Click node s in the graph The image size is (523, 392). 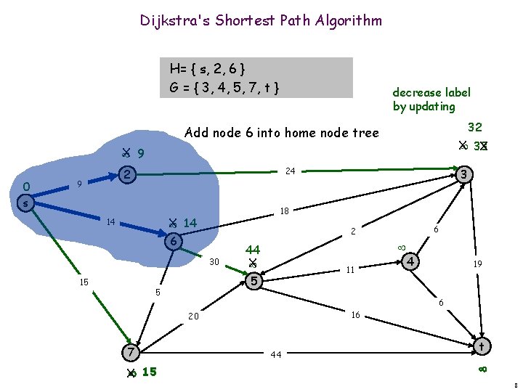25,204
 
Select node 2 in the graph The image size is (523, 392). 127,175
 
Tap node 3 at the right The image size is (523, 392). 466,175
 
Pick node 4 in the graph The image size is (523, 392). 412,261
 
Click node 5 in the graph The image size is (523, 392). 254,280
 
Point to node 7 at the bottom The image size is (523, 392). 129,353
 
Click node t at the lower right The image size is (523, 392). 481,347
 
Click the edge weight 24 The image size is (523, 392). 289,172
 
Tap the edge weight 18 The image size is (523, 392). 285,211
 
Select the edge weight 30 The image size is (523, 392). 215,261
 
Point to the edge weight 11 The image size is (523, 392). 349,270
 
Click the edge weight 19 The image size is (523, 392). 478,264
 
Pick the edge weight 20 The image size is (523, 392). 193,317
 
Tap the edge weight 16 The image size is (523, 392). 355,315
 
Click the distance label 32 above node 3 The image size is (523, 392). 475,126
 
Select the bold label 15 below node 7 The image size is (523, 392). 149,372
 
